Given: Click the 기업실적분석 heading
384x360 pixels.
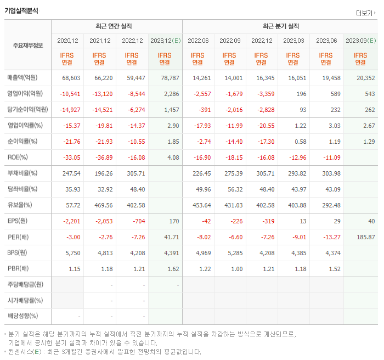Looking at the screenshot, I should (x=21, y=10).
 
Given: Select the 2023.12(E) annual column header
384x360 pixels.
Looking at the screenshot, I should (x=165, y=41).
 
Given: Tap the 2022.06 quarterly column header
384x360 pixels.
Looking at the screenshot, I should (x=197, y=41).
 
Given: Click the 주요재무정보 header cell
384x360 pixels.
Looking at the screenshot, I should (x=28, y=45).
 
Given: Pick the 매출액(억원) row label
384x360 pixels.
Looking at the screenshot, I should (x=25, y=78).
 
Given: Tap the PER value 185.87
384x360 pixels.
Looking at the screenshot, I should (x=365, y=237).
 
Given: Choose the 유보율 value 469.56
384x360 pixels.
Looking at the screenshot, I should (x=101, y=205).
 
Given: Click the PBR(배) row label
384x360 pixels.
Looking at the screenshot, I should (x=18, y=269).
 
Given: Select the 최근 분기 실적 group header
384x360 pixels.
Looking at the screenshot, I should (x=280, y=26).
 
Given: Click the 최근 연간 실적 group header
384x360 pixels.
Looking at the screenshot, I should (x=116, y=26).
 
